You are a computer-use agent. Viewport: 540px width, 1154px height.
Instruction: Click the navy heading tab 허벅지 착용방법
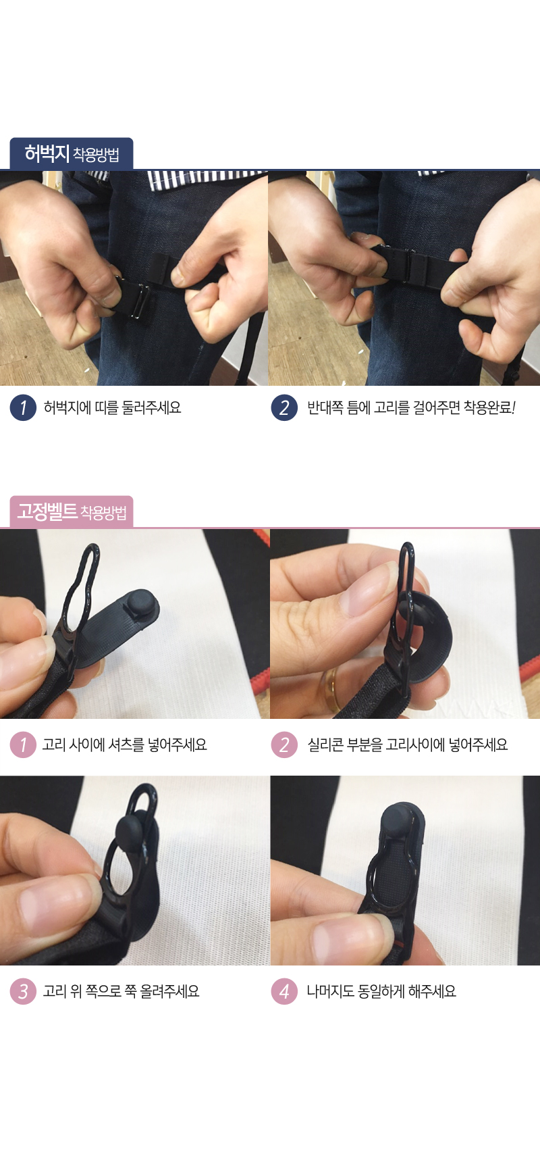click(72, 153)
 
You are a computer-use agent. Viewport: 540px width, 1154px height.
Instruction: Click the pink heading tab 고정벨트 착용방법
click(72, 511)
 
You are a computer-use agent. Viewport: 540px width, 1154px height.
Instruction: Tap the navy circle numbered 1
click(23, 407)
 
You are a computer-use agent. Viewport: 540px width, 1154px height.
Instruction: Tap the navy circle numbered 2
click(284, 407)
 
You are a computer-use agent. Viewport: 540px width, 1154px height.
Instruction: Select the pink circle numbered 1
click(23, 745)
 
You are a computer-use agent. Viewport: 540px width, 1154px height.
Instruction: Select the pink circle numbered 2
click(284, 745)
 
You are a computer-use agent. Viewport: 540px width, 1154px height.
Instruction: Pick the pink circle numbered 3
click(23, 991)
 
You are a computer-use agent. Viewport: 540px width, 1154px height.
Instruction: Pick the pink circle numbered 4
click(284, 991)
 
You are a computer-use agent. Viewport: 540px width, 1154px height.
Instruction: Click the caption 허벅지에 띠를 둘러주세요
click(112, 407)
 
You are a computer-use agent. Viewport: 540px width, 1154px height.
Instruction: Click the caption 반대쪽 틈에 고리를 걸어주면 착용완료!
click(411, 407)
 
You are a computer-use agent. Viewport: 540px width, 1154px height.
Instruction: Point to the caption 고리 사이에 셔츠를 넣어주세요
click(125, 745)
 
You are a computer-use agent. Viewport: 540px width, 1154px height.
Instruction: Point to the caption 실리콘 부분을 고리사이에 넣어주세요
click(408, 745)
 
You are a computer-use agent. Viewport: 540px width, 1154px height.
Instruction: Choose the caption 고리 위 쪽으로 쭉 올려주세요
click(121, 991)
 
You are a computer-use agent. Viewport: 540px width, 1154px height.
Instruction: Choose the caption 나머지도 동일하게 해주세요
click(381, 991)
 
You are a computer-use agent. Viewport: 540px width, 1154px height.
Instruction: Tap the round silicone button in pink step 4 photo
click(403, 821)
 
